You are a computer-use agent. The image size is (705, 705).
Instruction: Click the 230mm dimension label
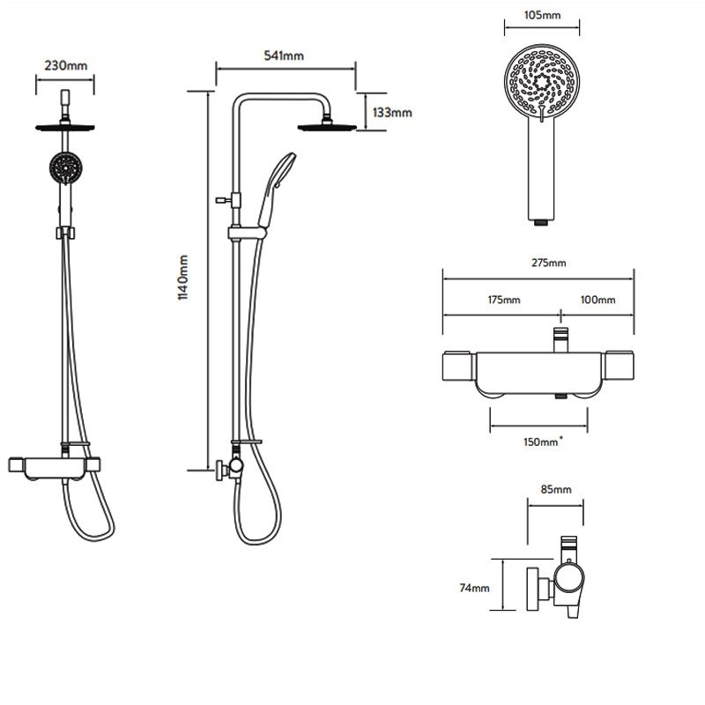65,65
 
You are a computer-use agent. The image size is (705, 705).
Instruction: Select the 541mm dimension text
284,56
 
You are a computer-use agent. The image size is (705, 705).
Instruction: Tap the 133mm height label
392,113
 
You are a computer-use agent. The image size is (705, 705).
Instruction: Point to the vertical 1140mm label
183,277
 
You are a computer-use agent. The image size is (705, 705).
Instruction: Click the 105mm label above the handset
542,15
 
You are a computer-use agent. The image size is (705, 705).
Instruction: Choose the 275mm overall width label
548,263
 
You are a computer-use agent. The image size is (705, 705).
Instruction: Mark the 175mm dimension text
504,300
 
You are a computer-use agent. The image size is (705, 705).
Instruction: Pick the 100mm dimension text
597,300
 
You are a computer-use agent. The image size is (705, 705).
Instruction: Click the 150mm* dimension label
543,442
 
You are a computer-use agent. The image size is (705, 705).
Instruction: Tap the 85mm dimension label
556,489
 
